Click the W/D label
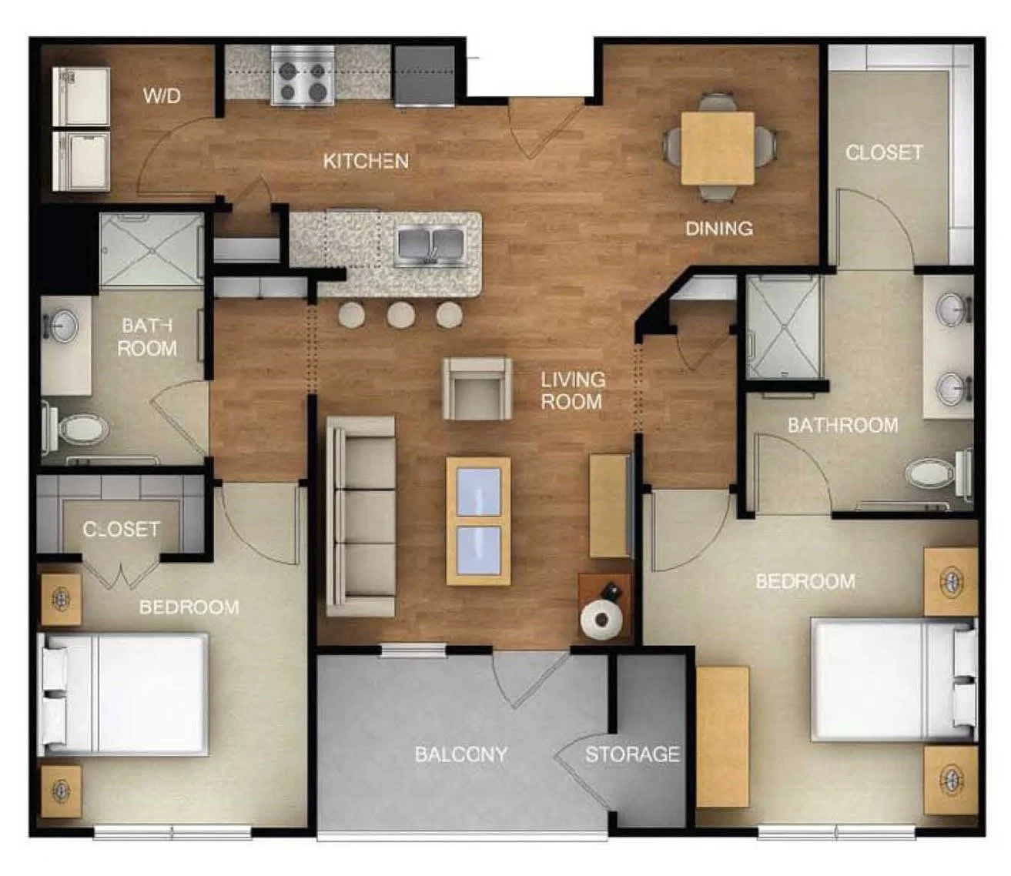(162, 96)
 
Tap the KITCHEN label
(366, 161)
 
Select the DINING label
(718, 229)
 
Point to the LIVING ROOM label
(573, 390)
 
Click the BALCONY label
(460, 754)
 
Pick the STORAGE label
(632, 754)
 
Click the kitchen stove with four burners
(303, 75)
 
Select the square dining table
(718, 149)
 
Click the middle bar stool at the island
(401, 315)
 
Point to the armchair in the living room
(477, 389)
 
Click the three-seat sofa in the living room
(361, 516)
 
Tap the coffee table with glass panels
(478, 521)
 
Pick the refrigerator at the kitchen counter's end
(424, 75)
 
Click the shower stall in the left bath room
(152, 249)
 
